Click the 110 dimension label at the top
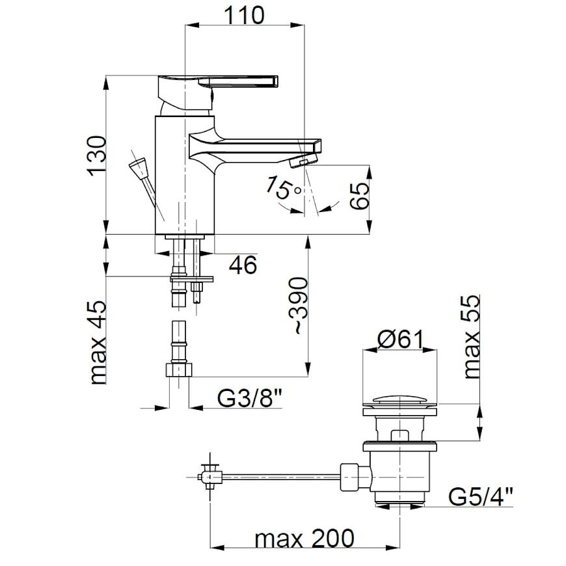(x=244, y=15)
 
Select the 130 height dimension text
(x=97, y=156)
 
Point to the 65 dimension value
(x=359, y=195)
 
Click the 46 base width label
(x=243, y=265)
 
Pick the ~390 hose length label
(x=298, y=306)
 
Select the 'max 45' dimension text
(x=98, y=343)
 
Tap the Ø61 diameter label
(x=399, y=340)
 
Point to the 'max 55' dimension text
(x=471, y=337)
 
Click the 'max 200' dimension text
(x=304, y=539)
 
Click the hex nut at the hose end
(x=179, y=370)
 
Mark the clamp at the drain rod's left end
(x=209, y=477)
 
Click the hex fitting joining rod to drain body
(x=356, y=478)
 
